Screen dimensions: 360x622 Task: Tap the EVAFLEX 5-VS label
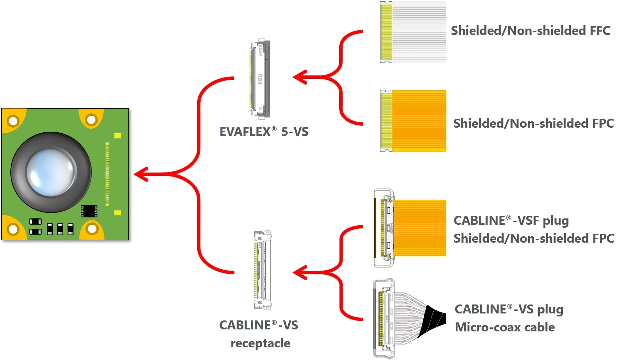264,132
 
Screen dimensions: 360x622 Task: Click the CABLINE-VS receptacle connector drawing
263,270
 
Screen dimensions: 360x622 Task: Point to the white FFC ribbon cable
418,32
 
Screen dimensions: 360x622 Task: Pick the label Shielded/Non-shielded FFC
530,31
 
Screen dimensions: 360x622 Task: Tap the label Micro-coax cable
505,327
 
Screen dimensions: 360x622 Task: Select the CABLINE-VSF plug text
511,221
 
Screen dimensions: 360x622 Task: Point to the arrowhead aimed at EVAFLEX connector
300,77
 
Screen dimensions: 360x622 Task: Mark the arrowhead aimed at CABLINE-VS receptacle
300,273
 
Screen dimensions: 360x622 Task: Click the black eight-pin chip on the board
89,211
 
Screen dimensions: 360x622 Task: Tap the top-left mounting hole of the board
13,121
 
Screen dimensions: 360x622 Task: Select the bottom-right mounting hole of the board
92,229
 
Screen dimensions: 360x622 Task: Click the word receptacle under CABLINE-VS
260,343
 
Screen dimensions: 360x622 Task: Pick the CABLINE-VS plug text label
509,309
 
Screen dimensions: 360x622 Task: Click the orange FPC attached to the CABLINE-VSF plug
420,228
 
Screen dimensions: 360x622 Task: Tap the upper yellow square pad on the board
117,135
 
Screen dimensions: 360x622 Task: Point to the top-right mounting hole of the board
91,120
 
